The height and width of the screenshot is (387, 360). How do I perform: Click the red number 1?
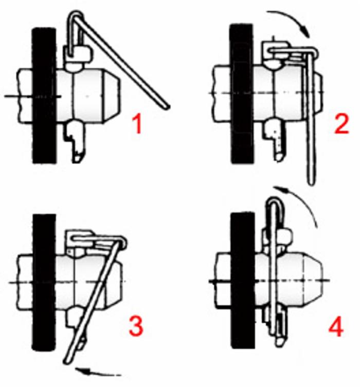pos(137,125)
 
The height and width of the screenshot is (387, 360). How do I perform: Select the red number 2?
pos(341,124)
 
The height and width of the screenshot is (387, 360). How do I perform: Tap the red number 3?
pos(136,326)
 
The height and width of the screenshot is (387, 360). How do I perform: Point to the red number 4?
pos(336,327)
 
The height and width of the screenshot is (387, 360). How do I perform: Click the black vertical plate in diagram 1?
pos(44,95)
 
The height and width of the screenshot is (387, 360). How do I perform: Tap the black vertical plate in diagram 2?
pos(242,94)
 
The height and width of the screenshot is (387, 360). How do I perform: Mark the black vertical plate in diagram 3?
pos(44,282)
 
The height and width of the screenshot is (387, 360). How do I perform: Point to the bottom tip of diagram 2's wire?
pos(311,182)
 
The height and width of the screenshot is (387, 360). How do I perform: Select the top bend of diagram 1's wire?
pos(75,13)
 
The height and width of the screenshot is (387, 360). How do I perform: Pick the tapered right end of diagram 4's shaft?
pos(313,281)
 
